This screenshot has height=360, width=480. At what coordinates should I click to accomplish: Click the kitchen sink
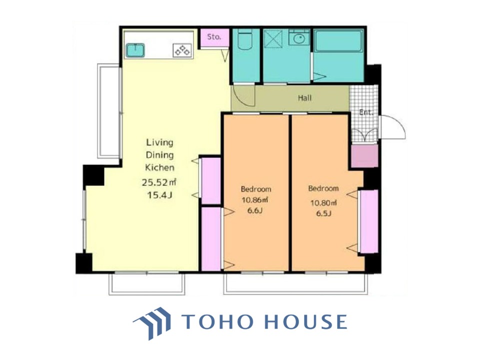135,50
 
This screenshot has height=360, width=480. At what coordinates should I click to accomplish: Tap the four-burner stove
182,50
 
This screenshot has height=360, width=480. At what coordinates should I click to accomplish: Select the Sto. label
214,36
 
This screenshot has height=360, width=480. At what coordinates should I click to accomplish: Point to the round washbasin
299,39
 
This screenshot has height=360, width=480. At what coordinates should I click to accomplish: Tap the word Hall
304,98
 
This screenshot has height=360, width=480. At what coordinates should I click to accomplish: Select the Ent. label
366,112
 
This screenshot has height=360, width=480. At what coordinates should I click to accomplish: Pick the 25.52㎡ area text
159,182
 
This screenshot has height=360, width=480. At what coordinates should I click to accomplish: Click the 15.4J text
159,195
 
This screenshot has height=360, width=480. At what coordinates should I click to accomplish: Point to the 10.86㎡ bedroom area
255,200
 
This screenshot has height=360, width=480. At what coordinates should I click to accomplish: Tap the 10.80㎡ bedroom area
323,202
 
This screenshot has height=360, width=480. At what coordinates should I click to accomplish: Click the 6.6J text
255,210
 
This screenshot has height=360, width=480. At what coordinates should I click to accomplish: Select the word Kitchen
159,167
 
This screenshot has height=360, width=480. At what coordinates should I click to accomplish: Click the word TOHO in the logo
217,321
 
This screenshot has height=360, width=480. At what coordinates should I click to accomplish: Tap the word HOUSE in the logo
305,321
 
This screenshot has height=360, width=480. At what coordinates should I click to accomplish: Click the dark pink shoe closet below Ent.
364,156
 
